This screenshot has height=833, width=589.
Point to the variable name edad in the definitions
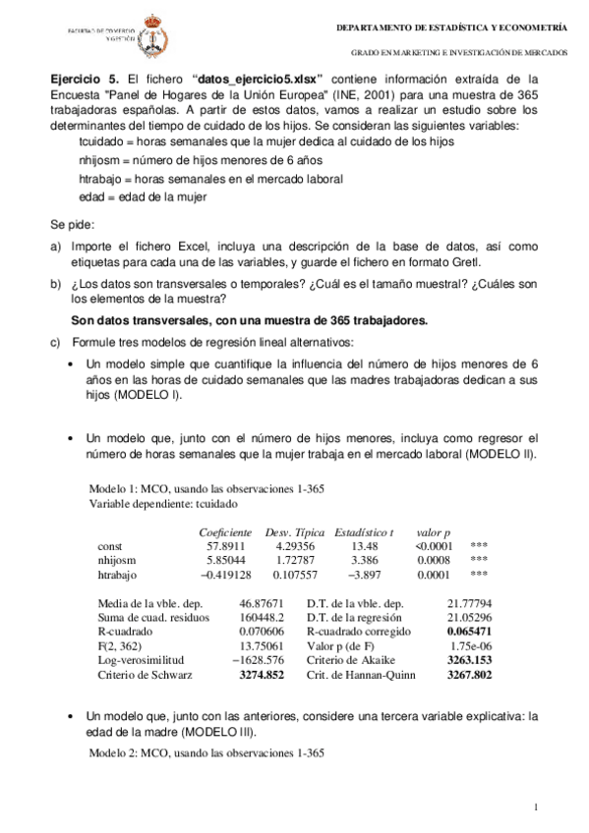click(92, 196)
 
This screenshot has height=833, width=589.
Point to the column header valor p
click(433, 530)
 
